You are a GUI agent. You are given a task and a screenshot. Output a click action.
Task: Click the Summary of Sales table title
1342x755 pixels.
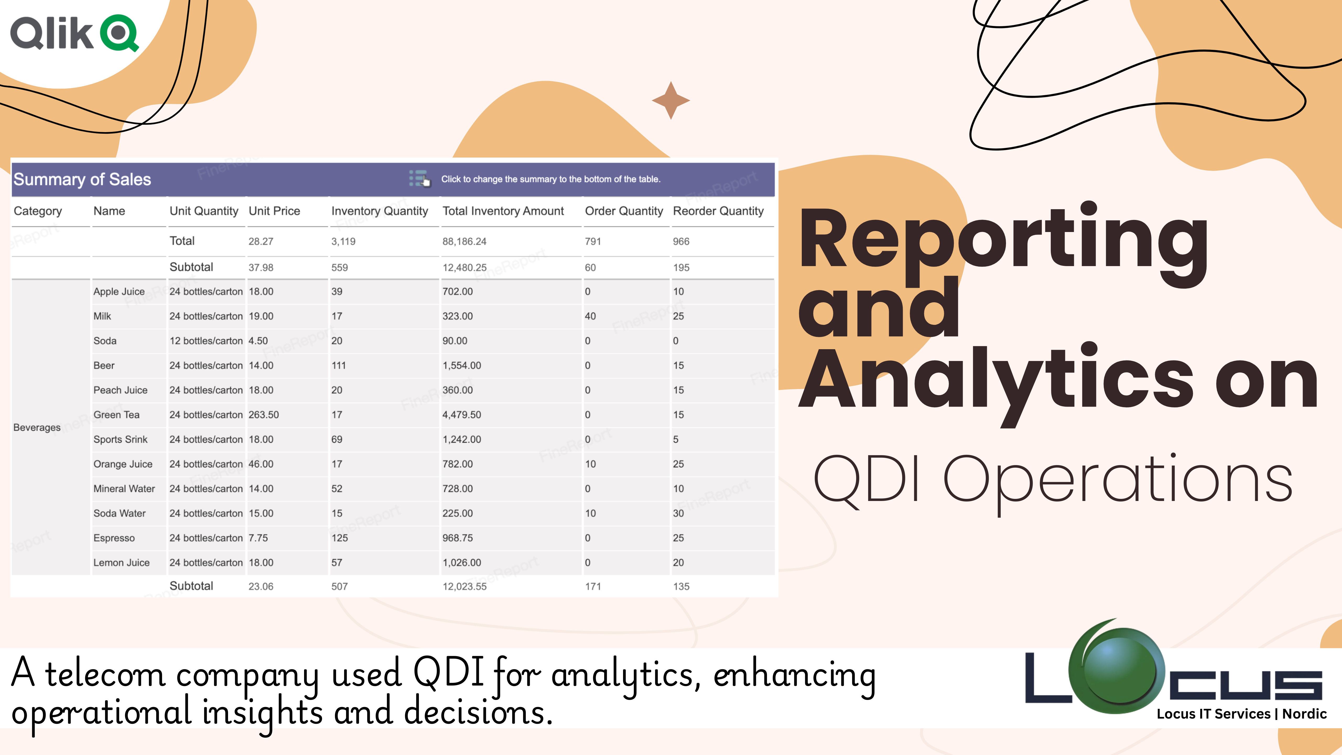[82, 179]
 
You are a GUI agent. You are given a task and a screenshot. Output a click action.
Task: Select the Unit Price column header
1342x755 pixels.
[274, 211]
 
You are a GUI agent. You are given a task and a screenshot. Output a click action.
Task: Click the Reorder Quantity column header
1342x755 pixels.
[718, 211]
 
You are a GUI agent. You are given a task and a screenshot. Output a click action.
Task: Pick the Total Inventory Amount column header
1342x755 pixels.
[503, 211]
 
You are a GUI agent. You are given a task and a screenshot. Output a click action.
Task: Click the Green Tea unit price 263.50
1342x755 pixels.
[264, 415]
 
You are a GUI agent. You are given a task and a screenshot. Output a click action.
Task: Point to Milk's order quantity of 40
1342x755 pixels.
[590, 316]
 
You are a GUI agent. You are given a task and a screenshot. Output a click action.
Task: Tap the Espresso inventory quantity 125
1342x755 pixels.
[340, 538]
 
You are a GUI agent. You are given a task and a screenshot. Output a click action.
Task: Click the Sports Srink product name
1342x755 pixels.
[120, 439]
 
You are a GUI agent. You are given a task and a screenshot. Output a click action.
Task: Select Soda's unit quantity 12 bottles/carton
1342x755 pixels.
[206, 341]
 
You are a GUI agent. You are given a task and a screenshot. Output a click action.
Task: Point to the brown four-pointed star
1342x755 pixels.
[671, 100]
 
